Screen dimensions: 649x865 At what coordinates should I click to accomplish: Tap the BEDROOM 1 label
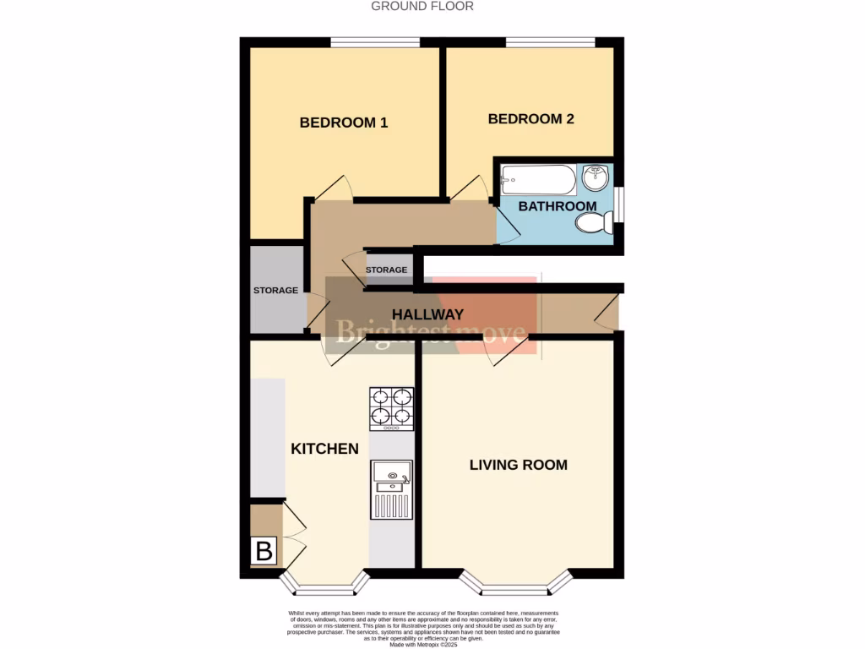tap(344, 123)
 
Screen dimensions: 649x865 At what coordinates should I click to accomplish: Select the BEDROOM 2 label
tap(530, 119)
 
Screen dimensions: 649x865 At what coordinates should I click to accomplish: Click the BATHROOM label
tap(557, 206)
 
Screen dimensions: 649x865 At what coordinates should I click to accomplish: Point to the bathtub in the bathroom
tap(538, 179)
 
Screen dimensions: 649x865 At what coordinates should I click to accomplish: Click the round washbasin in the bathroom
tap(597, 177)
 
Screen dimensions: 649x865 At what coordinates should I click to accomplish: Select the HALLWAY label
tap(427, 314)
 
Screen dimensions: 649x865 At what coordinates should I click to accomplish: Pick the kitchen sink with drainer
tap(392, 489)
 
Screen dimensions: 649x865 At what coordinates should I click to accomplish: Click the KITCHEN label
tap(324, 449)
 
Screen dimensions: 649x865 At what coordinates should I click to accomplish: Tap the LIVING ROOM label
tap(519, 465)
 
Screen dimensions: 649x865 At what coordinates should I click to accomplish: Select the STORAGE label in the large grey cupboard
tap(275, 291)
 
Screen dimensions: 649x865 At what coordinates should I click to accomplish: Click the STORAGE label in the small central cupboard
tap(386, 270)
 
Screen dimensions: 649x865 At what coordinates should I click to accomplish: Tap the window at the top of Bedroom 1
tap(374, 41)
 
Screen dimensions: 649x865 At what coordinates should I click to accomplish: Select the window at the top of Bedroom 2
tap(550, 41)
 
